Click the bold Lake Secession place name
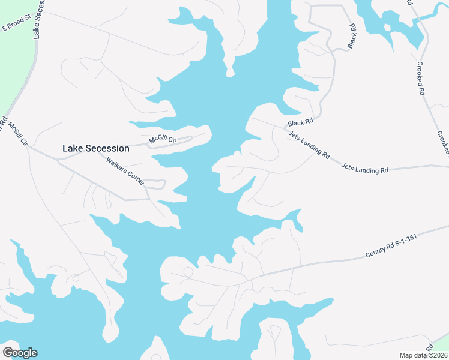click(x=96, y=148)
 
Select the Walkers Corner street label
click(x=126, y=171)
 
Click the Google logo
click(x=20, y=353)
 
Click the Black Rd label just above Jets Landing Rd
click(x=300, y=122)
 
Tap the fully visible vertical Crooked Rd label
click(x=421, y=79)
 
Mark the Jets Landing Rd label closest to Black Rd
click(x=309, y=145)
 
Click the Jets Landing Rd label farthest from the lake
click(x=364, y=168)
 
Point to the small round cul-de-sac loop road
click(x=188, y=272)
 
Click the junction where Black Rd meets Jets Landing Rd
click(x=284, y=127)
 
